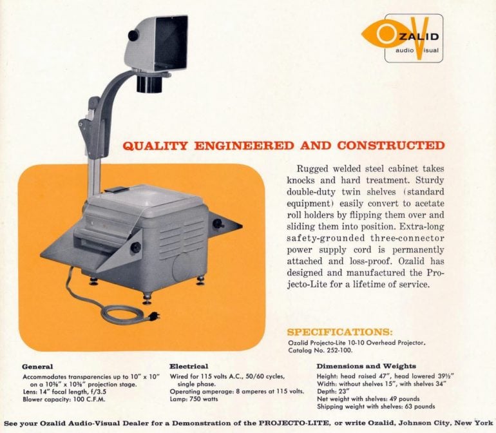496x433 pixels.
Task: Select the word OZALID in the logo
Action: point(422,37)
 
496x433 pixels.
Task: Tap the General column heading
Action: point(37,366)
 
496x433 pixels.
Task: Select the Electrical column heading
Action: point(189,366)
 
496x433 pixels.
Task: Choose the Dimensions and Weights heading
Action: point(366,366)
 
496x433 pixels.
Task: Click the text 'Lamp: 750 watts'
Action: point(194,399)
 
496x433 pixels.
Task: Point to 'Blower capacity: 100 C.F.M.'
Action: point(61,399)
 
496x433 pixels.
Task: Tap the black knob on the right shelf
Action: point(218,224)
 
